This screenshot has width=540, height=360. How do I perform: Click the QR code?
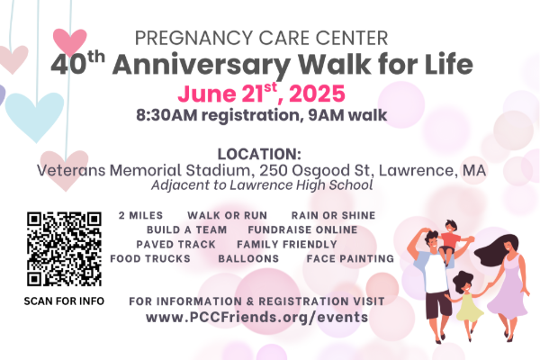[64, 248]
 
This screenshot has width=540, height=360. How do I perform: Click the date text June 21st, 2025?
[261, 93]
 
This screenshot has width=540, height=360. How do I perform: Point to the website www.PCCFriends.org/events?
[256, 317]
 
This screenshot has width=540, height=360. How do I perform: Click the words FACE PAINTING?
[350, 258]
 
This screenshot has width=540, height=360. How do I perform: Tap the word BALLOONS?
[248, 258]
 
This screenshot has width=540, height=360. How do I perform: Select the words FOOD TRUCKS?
[150, 258]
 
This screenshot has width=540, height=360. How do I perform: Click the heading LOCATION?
[259, 154]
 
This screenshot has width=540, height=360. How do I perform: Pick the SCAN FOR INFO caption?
[64, 301]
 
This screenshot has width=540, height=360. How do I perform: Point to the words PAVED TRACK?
[176, 244]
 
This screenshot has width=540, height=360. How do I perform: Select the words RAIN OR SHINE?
[333, 215]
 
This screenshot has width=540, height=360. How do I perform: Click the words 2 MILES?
[140, 215]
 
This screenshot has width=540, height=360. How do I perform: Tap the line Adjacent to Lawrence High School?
[262, 185]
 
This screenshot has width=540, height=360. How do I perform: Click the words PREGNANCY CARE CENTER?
[261, 38]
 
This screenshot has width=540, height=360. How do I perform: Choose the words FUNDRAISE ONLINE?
[302, 229]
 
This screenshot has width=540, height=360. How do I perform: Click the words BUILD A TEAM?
[186, 229]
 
